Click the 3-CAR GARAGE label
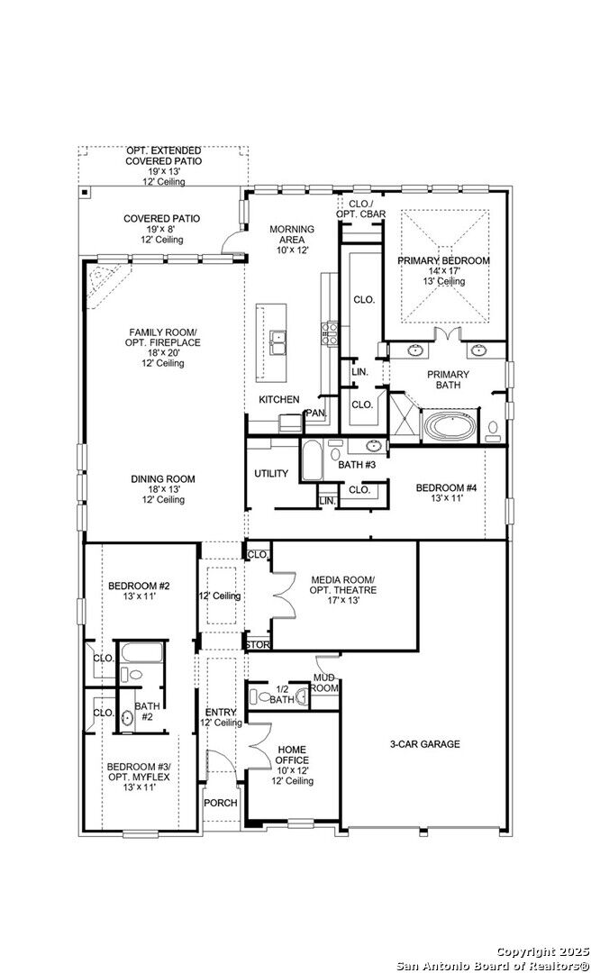pyautogui.click(x=424, y=744)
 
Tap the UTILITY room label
pyautogui.click(x=271, y=474)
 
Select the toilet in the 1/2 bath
pyautogui.click(x=262, y=696)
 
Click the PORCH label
pyautogui.click(x=221, y=803)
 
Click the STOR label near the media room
pyautogui.click(x=257, y=645)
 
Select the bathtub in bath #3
pyautogui.click(x=311, y=461)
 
